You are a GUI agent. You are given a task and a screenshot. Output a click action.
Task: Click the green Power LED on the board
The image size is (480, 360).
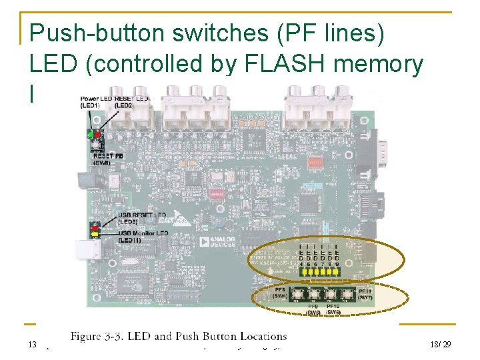[91, 134]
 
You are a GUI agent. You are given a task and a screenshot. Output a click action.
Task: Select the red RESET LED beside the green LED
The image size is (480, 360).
[98, 134]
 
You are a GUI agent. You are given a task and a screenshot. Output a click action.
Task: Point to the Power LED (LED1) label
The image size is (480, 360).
[95, 101]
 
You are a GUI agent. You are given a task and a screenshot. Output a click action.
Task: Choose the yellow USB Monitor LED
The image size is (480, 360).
[95, 233]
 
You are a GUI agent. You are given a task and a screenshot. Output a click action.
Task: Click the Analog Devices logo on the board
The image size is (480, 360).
[221, 240]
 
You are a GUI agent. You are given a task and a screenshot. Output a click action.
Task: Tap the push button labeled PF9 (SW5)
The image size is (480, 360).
[313, 293]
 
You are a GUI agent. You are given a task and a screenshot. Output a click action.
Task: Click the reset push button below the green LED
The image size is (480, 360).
[96, 145]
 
